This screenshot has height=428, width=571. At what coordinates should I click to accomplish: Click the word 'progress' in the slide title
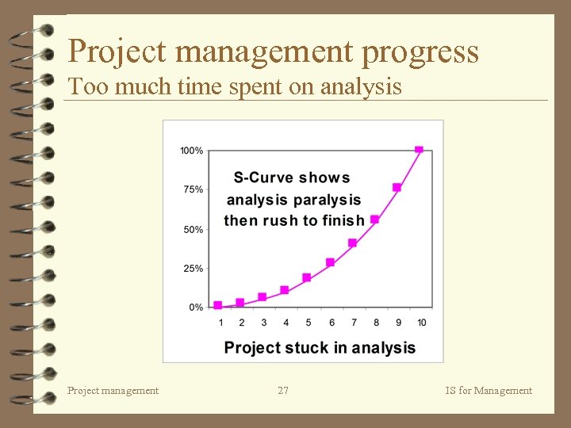pyautogui.click(x=420, y=52)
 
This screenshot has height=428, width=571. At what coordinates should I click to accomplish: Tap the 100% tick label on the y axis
pyautogui.click(x=191, y=151)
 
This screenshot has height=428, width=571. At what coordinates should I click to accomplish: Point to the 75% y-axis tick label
pyautogui.click(x=193, y=189)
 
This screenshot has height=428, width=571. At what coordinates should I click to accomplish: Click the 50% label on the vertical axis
pyautogui.click(x=193, y=229)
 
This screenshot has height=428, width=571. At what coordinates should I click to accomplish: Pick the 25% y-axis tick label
pyautogui.click(x=193, y=269)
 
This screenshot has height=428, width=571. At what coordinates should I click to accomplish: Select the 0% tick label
pyautogui.click(x=195, y=308)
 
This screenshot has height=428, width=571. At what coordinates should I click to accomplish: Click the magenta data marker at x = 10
pyautogui.click(x=419, y=150)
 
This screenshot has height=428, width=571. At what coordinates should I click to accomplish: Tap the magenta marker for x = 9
pyautogui.click(x=397, y=188)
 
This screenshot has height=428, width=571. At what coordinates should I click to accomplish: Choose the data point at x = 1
pyautogui.click(x=218, y=305)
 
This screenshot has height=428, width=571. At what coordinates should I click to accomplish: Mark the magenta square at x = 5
pyautogui.click(x=307, y=277)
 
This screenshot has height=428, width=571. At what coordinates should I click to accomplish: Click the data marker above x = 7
pyautogui.click(x=352, y=243)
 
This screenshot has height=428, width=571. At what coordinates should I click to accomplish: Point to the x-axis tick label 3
pyautogui.click(x=264, y=323)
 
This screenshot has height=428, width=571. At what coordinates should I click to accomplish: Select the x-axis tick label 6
pyautogui.click(x=331, y=323)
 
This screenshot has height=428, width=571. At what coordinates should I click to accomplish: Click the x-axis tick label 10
pyautogui.click(x=421, y=323)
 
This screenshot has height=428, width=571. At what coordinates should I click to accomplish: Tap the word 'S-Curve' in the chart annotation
pyautogui.click(x=262, y=178)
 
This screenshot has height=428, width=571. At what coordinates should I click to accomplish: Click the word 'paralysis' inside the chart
pyautogui.click(x=326, y=200)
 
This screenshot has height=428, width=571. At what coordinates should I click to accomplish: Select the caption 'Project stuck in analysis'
pyautogui.click(x=320, y=347)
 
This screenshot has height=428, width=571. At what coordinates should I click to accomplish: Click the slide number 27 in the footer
pyautogui.click(x=283, y=390)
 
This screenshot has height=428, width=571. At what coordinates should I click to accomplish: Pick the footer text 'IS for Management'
pyautogui.click(x=489, y=390)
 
